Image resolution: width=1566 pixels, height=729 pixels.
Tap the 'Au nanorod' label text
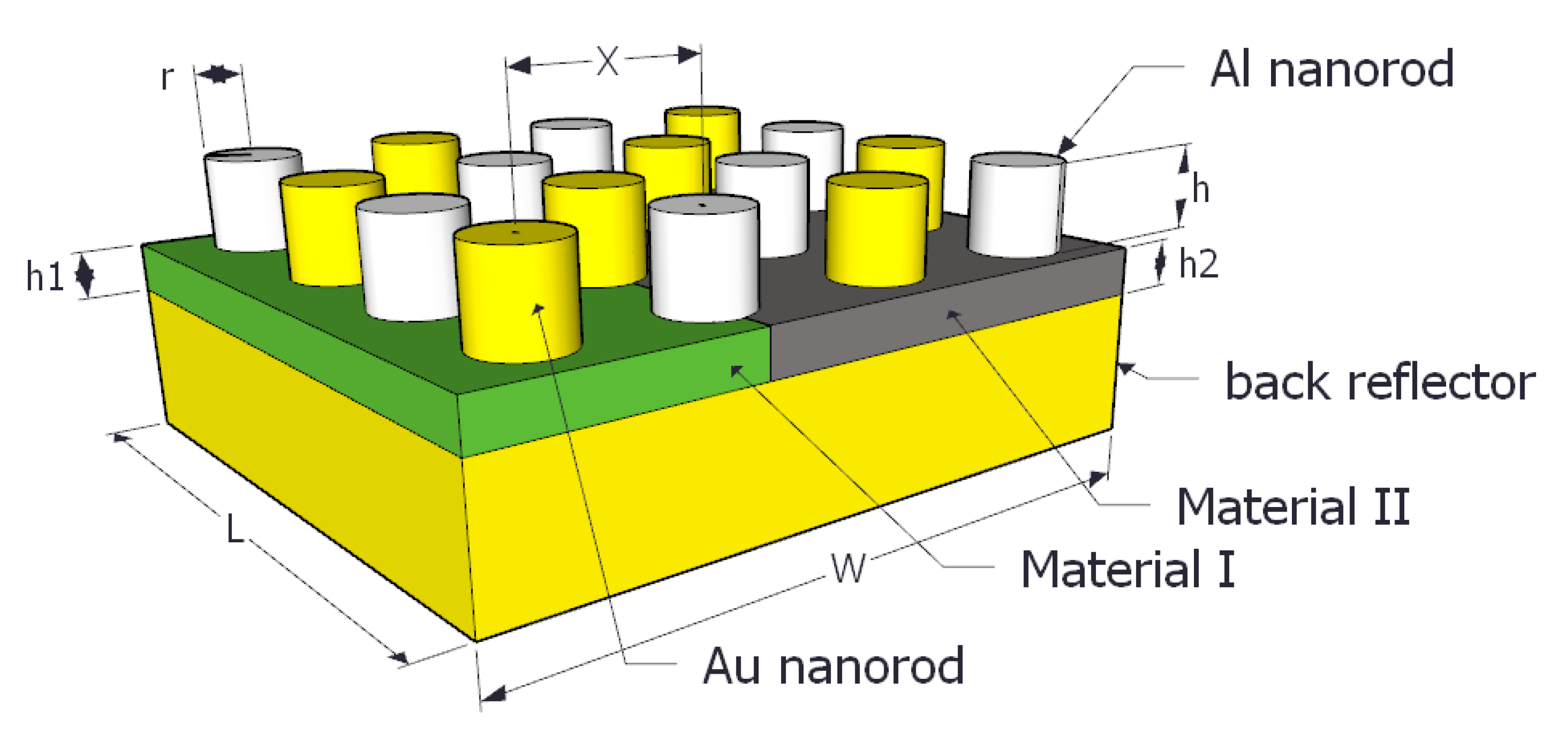(833, 666)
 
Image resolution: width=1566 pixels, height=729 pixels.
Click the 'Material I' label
(1128, 570)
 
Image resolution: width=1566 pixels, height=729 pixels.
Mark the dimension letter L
(235, 529)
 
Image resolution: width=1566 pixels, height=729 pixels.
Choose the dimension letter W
(848, 570)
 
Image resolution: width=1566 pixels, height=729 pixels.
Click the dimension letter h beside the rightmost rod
(1200, 189)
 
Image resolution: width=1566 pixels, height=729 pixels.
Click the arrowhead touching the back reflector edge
(1125, 368)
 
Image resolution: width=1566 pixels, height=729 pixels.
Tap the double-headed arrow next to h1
(85, 275)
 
